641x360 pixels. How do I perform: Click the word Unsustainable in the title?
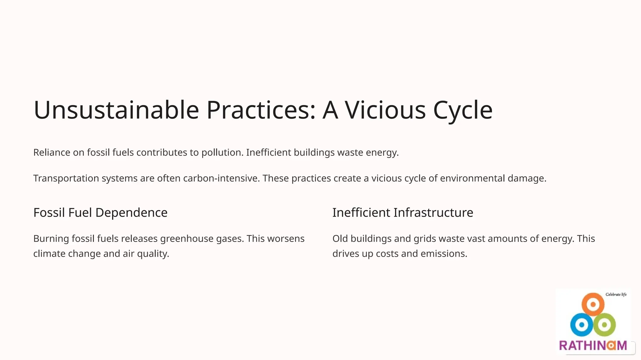click(x=116, y=110)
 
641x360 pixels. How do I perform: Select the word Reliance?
click(x=52, y=152)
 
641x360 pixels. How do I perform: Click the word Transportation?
click(x=66, y=178)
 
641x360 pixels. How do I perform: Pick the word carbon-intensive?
click(x=221, y=178)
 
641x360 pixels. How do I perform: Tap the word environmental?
click(x=472, y=178)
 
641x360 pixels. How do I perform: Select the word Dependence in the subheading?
click(x=131, y=213)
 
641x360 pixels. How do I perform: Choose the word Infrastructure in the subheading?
click(x=433, y=213)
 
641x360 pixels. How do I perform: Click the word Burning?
click(x=51, y=239)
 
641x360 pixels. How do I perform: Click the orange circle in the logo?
click(x=593, y=304)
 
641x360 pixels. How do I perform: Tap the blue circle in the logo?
click(x=582, y=325)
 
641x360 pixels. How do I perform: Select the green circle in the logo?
click(x=604, y=325)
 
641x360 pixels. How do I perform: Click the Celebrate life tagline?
click(x=616, y=294)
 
